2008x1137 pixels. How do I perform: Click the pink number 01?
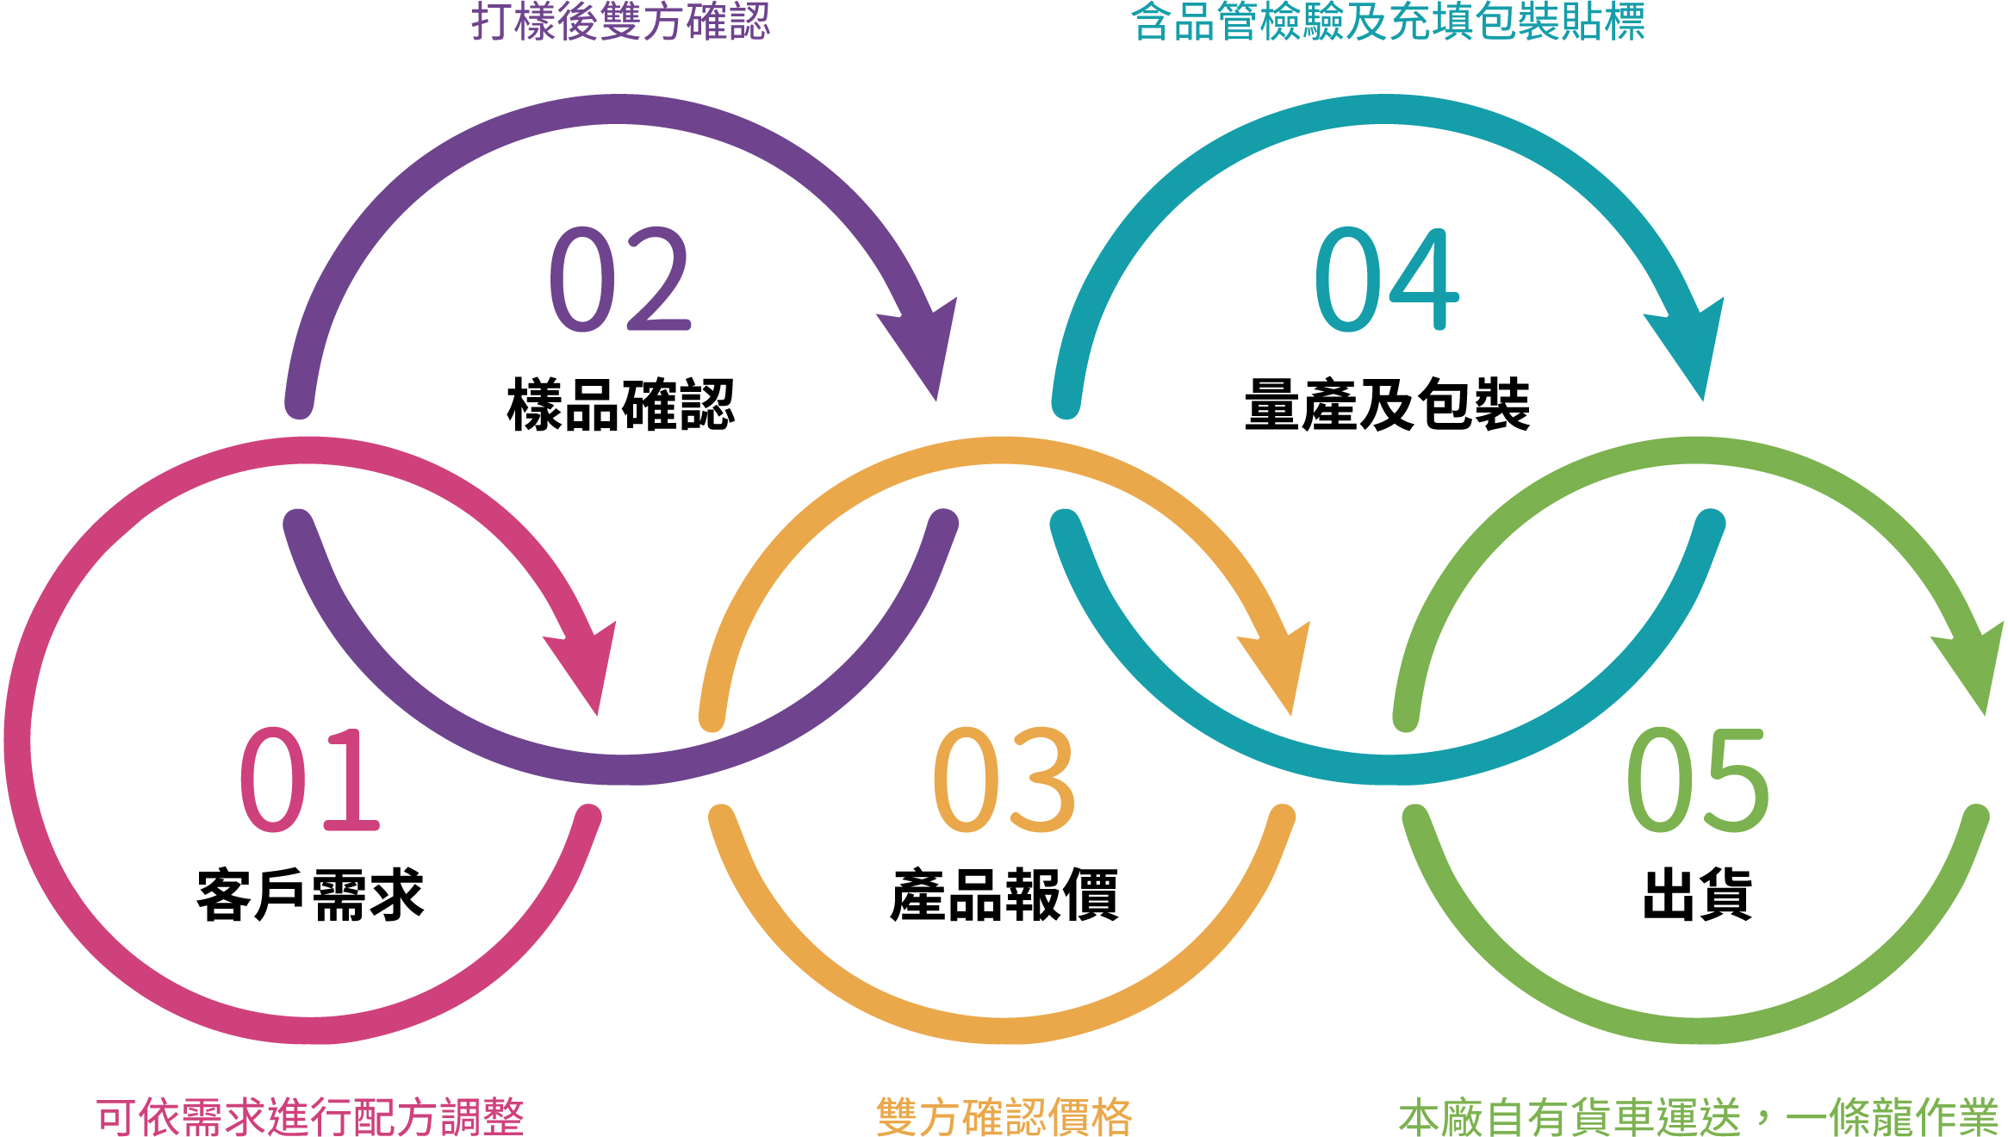[310, 780]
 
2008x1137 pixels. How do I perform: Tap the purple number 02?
[620, 280]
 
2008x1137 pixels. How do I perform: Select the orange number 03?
[1004, 780]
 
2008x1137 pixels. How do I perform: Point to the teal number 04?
[1387, 280]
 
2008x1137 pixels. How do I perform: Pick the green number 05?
[1698, 780]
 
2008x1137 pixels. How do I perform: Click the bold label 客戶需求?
[311, 896]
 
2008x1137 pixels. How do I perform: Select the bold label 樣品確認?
[621, 405]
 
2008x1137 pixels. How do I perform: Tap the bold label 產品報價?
[1004, 896]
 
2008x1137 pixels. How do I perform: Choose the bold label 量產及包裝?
[1388, 405]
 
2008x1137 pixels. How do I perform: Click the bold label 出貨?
[1698, 896]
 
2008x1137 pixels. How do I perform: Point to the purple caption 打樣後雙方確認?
[621, 22]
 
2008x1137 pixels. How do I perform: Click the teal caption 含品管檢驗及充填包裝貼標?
[1388, 22]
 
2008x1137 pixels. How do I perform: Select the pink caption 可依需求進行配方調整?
[310, 1117]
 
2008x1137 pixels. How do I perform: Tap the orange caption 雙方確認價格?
[1004, 1117]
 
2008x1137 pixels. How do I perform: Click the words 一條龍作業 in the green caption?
[1892, 1117]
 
